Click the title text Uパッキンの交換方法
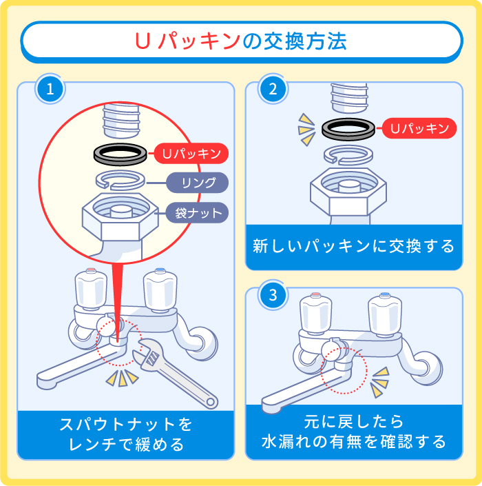tap(240, 41)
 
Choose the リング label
tap(196, 183)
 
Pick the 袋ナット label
tap(196, 212)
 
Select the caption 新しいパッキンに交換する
tap(353, 247)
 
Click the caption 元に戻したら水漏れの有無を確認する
tap(353, 431)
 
